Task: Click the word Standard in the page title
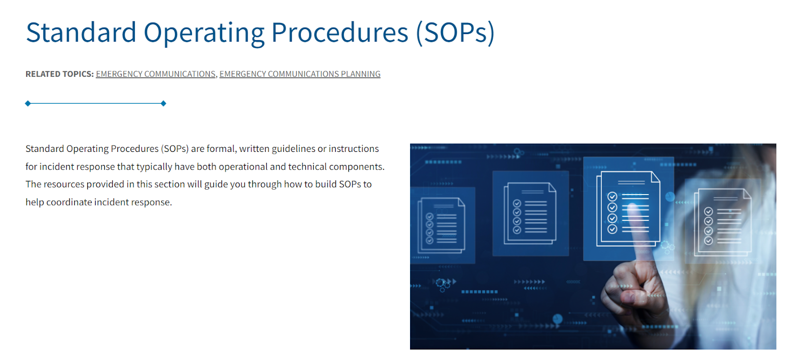(81, 33)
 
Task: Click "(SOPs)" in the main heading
(455, 33)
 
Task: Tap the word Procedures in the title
(339, 33)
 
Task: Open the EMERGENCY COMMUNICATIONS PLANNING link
(300, 74)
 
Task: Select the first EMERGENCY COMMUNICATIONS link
(156, 74)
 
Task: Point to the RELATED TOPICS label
(60, 74)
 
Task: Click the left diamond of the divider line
(28, 103)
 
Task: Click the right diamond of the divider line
(163, 103)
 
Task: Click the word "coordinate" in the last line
(68, 203)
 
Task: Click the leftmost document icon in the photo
(442, 226)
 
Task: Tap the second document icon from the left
(530, 214)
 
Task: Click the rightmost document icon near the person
(722, 223)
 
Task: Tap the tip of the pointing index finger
(633, 208)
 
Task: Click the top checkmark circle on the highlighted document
(612, 197)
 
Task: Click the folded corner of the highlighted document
(655, 176)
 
